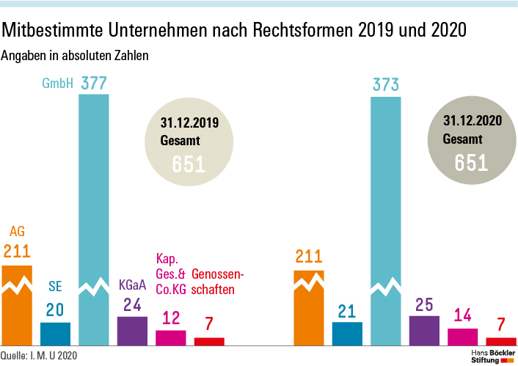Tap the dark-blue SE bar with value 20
click(55, 334)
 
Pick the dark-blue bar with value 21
click(347, 334)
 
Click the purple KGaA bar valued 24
click(132, 331)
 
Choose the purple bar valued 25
click(424, 331)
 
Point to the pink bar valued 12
click(170, 337)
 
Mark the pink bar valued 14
click(462, 337)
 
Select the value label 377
click(93, 84)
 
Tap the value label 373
click(385, 86)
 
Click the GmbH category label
click(58, 84)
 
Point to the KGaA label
click(132, 284)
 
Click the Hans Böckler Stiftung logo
click(492, 355)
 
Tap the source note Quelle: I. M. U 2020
click(38, 356)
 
